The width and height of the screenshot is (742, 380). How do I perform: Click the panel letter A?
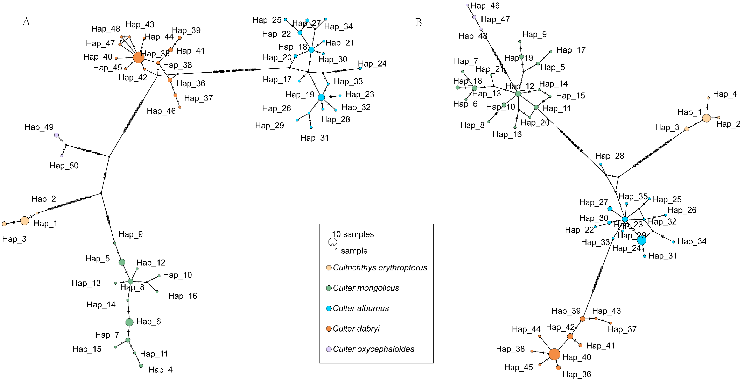[x=26, y=22]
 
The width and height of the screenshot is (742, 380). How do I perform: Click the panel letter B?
[x=418, y=22]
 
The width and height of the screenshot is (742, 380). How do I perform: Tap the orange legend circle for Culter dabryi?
[x=329, y=329]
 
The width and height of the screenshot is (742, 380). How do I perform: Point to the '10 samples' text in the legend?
[x=353, y=234]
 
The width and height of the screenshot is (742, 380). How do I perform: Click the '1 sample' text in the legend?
[x=351, y=251]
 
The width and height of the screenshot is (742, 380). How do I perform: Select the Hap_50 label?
[x=64, y=166]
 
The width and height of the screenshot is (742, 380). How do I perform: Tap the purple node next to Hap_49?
[x=56, y=135]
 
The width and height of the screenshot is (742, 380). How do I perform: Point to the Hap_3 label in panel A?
[x=14, y=239]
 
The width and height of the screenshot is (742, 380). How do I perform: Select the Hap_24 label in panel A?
[x=372, y=64]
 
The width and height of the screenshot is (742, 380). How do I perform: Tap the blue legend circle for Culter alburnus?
[x=329, y=308]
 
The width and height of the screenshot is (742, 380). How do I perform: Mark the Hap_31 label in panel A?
[x=315, y=138]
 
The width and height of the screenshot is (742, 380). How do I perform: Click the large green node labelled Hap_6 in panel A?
[x=130, y=322]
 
